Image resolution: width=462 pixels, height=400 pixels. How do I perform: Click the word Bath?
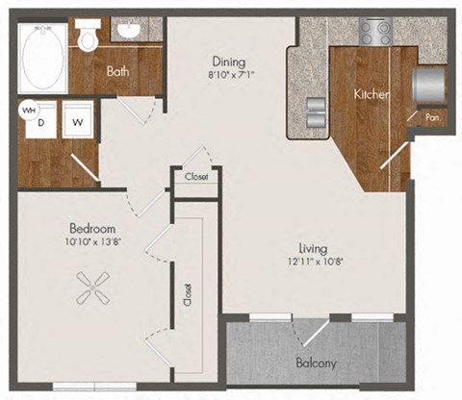click(x=119, y=70)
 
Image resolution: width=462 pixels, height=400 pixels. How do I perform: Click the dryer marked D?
click(x=41, y=122)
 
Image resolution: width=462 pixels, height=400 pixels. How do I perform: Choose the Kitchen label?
click(x=371, y=94)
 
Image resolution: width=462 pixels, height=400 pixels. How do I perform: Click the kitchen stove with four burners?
click(x=373, y=32)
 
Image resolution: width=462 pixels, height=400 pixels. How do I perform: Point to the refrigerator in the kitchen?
click(x=427, y=85)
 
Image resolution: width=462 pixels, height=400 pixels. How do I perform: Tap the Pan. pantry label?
click(x=432, y=118)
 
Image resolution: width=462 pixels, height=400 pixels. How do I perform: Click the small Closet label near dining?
click(x=197, y=177)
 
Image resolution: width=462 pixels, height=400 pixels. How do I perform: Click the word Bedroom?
click(x=92, y=229)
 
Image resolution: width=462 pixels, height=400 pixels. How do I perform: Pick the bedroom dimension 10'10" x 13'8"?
click(x=92, y=242)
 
